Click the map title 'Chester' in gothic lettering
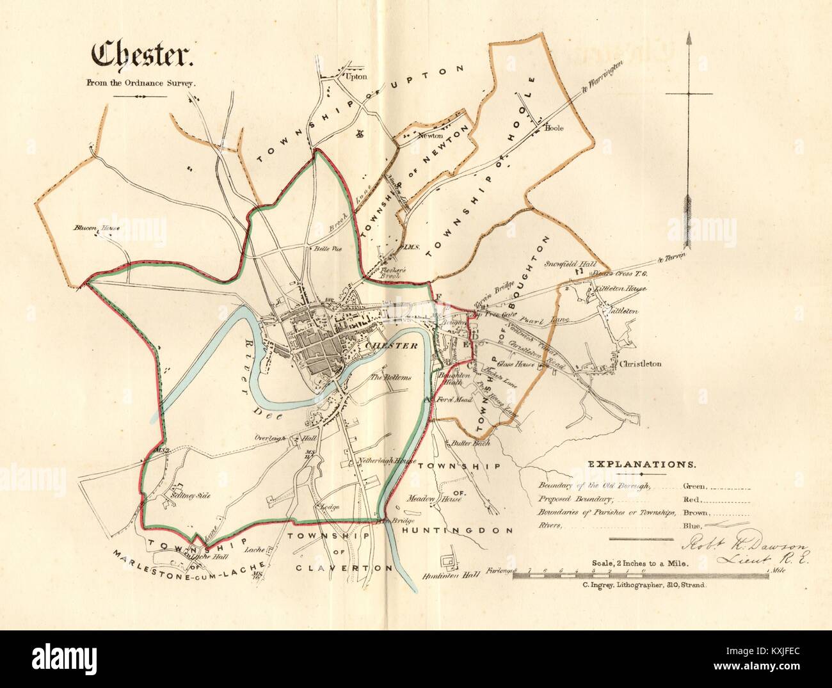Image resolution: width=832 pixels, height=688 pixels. pos(143,56)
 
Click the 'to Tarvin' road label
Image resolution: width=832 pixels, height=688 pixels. pos(671,258)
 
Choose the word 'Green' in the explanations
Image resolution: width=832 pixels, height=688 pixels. pos(696,486)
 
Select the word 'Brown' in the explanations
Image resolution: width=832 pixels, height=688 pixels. pos(696,513)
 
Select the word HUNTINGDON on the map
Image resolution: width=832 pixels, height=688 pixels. pos(458,531)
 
